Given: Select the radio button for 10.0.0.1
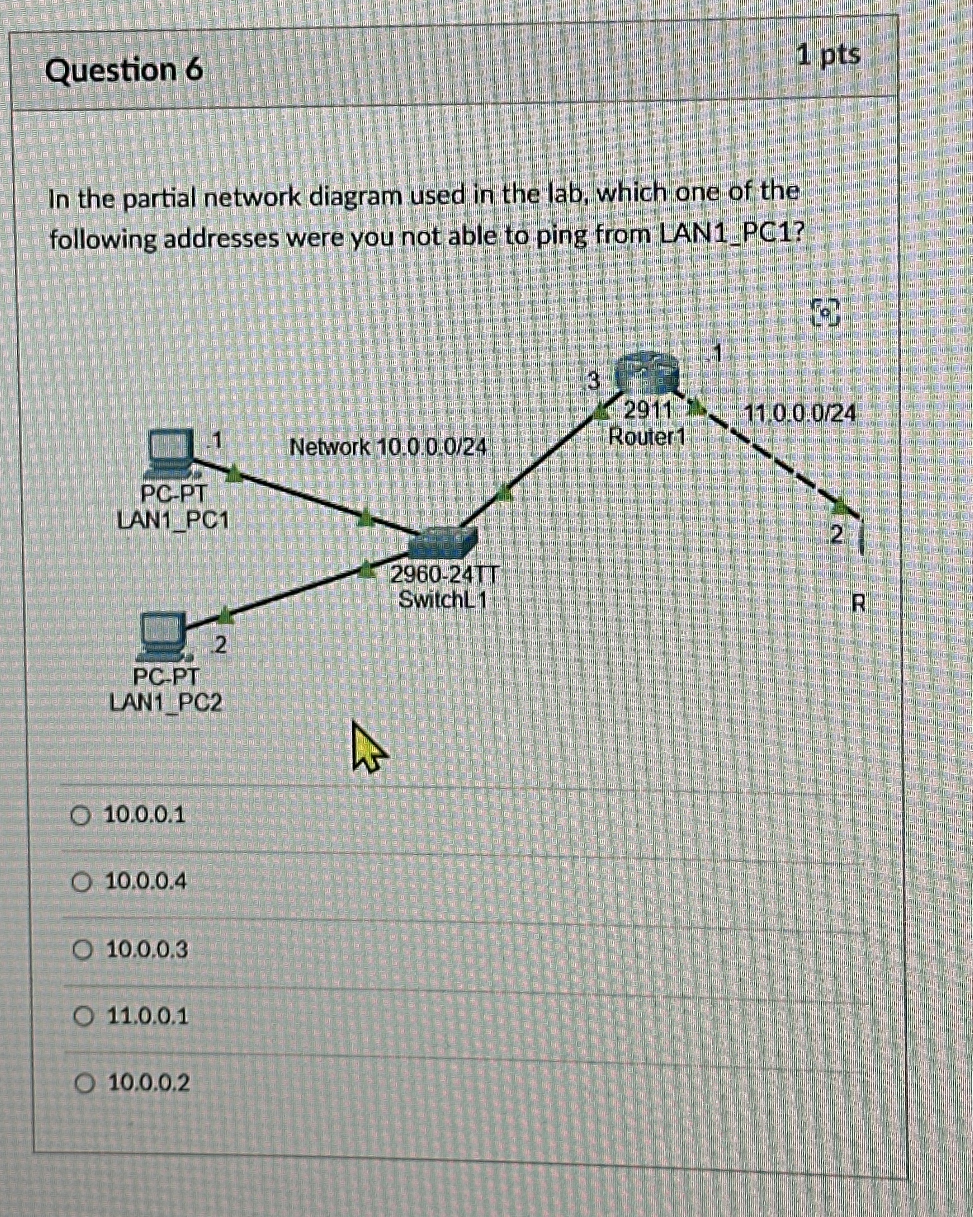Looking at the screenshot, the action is [81, 816].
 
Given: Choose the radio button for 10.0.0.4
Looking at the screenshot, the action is [82, 882].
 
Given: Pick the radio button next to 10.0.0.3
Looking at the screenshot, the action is [82, 950].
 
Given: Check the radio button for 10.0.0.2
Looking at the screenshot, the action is [84, 1083].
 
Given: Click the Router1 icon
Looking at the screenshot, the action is [647, 373].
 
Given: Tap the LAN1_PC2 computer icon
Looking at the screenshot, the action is [163, 637].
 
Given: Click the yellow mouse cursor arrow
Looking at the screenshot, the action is [367, 748].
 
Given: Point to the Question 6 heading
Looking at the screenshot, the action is [124, 71].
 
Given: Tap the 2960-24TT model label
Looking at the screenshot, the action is [444, 575].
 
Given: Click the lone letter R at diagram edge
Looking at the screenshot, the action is [858, 603].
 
